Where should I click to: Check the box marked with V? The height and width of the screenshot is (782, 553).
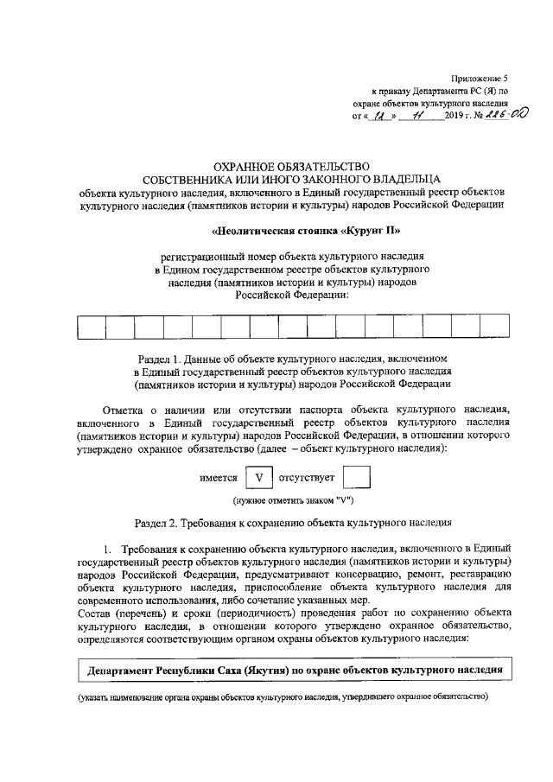point(258,478)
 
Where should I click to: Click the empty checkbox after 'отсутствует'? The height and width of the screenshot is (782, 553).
point(357,478)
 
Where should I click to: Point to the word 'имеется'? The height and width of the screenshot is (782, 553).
point(219,478)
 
